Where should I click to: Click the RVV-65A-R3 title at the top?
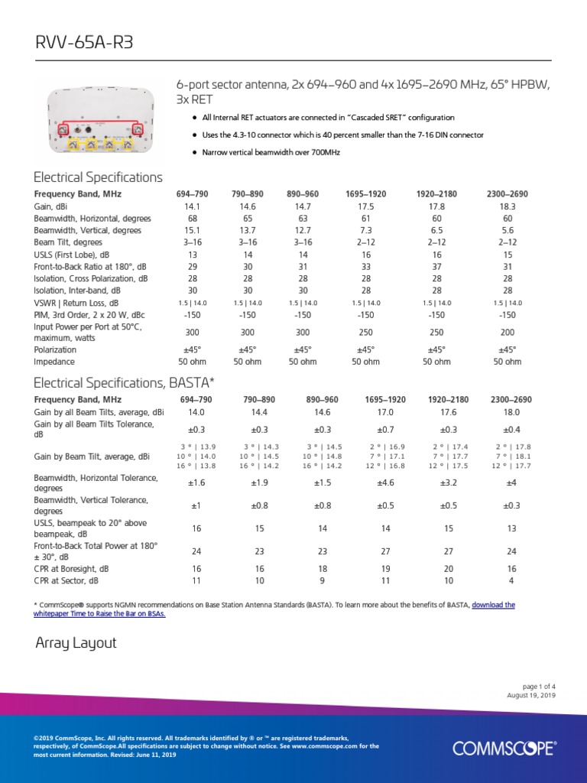click(84, 42)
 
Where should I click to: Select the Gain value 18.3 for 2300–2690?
click(507, 206)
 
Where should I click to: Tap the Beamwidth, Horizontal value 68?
click(192, 218)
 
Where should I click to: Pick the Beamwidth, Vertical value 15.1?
click(192, 230)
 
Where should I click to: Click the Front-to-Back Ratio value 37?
click(436, 266)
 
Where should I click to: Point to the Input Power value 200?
click(507, 333)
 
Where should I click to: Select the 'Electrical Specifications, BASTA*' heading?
click(125, 382)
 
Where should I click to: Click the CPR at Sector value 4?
click(511, 580)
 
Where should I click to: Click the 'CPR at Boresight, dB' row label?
click(72, 569)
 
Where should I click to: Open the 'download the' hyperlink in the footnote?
click(493, 605)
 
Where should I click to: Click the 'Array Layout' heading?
click(76, 643)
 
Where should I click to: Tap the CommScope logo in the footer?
click(504, 748)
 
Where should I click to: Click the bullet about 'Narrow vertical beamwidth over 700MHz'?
click(271, 152)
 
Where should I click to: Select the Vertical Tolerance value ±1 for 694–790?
click(196, 505)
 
